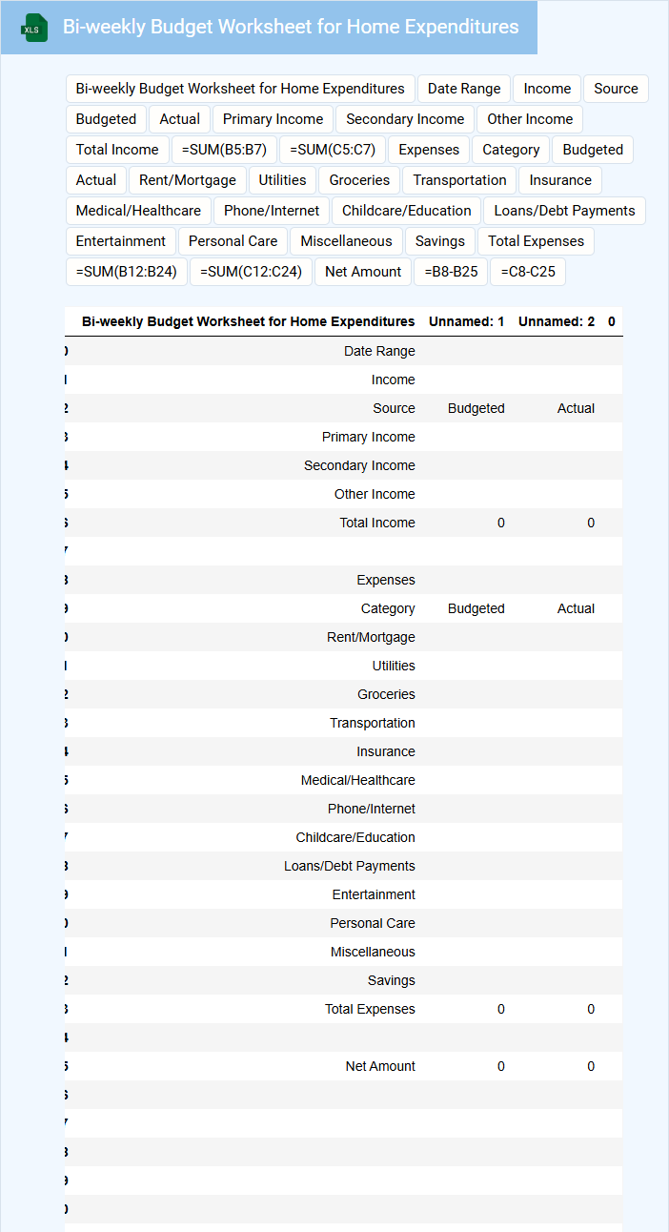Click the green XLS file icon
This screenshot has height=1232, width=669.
pyautogui.click(x=34, y=28)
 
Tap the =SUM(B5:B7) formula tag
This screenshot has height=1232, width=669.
pyautogui.click(x=224, y=150)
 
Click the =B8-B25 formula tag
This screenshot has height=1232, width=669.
pyautogui.click(x=451, y=272)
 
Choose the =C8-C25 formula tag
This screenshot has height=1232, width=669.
pyautogui.click(x=528, y=272)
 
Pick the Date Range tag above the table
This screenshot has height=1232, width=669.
pyautogui.click(x=464, y=89)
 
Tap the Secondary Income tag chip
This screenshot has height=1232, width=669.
pyautogui.click(x=405, y=119)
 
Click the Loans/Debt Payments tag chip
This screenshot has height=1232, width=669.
pyautogui.click(x=564, y=211)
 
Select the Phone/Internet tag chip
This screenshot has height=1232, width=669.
pyautogui.click(x=272, y=211)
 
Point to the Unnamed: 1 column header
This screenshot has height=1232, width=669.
pyautogui.click(x=467, y=321)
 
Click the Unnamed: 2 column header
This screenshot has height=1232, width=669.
pyautogui.click(x=557, y=321)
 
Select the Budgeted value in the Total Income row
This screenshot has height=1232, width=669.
pyautogui.click(x=501, y=523)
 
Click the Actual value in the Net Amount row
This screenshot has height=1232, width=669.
pyautogui.click(x=591, y=1066)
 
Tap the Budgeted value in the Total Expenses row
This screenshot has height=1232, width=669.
pyautogui.click(x=501, y=1009)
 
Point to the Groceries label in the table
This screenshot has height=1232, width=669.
pyautogui.click(x=386, y=694)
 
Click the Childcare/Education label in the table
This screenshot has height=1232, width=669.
pyautogui.click(x=355, y=837)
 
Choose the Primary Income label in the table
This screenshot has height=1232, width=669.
pyautogui.click(x=368, y=437)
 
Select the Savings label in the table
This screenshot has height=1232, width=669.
pyautogui.click(x=391, y=980)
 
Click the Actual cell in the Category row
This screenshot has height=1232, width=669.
pyautogui.click(x=576, y=608)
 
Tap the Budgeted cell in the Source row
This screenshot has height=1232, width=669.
pyautogui.click(x=476, y=408)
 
